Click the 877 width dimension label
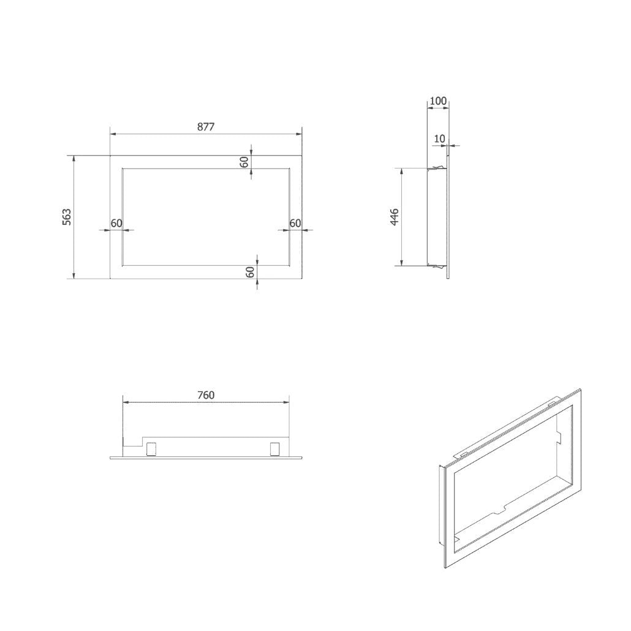pyautogui.click(x=206, y=127)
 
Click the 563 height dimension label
pyautogui.click(x=67, y=217)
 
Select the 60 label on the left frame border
pyautogui.click(x=116, y=223)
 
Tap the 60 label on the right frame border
pyautogui.click(x=295, y=223)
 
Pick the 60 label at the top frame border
pyautogui.click(x=244, y=162)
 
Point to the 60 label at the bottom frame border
pyautogui.click(x=251, y=272)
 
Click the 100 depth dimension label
pyautogui.click(x=438, y=100)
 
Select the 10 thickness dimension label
pyautogui.click(x=439, y=139)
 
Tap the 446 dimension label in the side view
pyautogui.click(x=395, y=217)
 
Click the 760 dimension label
pyautogui.click(x=206, y=395)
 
